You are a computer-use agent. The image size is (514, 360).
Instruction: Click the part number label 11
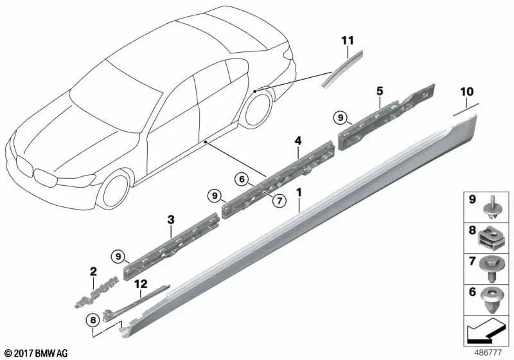(x=348, y=40)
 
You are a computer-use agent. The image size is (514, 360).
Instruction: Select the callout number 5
(x=380, y=91)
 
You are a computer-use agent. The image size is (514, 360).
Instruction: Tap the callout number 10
(x=467, y=92)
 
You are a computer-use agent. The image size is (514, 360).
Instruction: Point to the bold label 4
(x=297, y=141)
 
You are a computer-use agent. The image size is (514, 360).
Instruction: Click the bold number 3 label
(x=171, y=220)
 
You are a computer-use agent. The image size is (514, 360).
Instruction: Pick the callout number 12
(x=141, y=284)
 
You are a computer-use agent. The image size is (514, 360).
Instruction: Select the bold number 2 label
(x=93, y=271)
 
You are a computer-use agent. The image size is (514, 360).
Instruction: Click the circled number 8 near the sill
(x=93, y=319)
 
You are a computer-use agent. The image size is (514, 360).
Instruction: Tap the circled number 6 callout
(x=242, y=179)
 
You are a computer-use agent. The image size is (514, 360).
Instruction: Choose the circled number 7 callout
(x=279, y=201)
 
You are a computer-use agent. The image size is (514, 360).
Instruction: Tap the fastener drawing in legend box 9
(x=491, y=208)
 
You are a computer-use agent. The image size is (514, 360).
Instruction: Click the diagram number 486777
(x=488, y=352)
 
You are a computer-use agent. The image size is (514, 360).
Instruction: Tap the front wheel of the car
(x=116, y=191)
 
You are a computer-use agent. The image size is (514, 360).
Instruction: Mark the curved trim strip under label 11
(x=342, y=69)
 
